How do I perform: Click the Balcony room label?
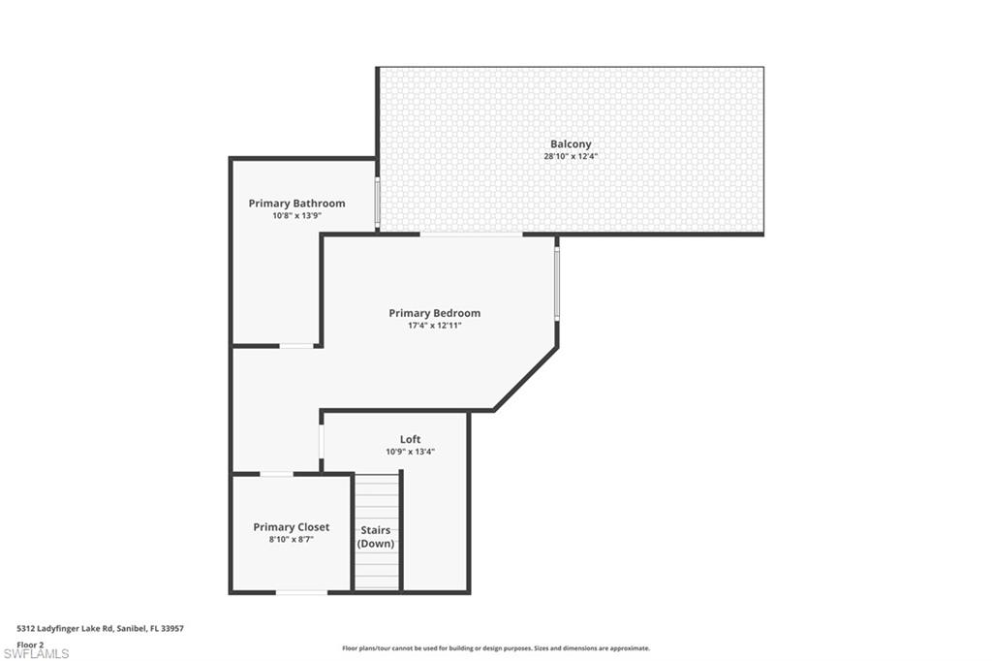click(571, 144)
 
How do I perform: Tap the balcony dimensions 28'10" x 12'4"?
click(571, 156)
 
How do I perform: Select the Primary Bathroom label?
click(296, 204)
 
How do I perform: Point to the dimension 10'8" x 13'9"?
click(296, 215)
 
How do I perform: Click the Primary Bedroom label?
click(434, 313)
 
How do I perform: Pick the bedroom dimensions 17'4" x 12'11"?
click(434, 325)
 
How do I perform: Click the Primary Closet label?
click(291, 527)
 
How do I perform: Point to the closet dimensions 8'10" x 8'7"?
click(291, 539)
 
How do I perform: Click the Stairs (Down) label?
click(376, 537)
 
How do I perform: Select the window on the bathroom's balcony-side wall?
click(376, 202)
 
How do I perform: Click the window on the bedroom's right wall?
click(556, 283)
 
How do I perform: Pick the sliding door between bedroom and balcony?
click(471, 234)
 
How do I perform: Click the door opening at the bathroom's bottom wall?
click(296, 345)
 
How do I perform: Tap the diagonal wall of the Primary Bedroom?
click(526, 379)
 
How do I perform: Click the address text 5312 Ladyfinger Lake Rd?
click(100, 629)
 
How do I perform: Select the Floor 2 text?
click(30, 644)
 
